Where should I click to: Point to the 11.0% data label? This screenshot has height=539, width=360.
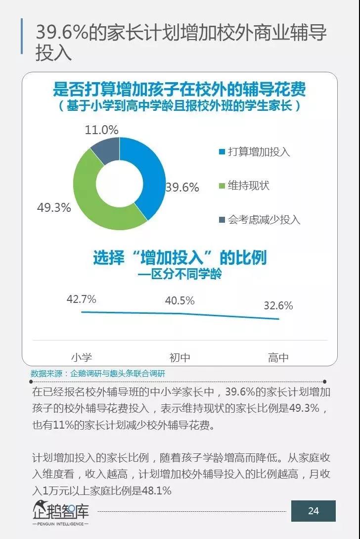(102, 130)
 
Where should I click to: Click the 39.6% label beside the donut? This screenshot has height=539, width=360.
(182, 188)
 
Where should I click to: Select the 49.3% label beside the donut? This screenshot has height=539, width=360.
(54, 207)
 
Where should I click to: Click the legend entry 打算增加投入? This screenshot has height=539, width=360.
(259, 152)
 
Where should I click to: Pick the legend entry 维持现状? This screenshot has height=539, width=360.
(248, 186)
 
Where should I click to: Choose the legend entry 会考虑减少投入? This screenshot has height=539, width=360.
(264, 219)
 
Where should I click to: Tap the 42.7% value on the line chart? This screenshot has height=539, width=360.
(82, 299)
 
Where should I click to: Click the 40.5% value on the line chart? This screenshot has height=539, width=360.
(180, 300)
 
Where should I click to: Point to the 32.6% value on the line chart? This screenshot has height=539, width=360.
(278, 305)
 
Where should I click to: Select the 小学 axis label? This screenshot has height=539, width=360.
(82, 357)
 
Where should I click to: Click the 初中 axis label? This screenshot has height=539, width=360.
(180, 357)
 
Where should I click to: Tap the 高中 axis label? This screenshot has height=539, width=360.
(278, 357)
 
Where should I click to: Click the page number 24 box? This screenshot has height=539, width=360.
(313, 511)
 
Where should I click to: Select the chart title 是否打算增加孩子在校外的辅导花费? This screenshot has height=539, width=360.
(180, 90)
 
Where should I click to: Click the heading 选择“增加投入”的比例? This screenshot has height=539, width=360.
(180, 257)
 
